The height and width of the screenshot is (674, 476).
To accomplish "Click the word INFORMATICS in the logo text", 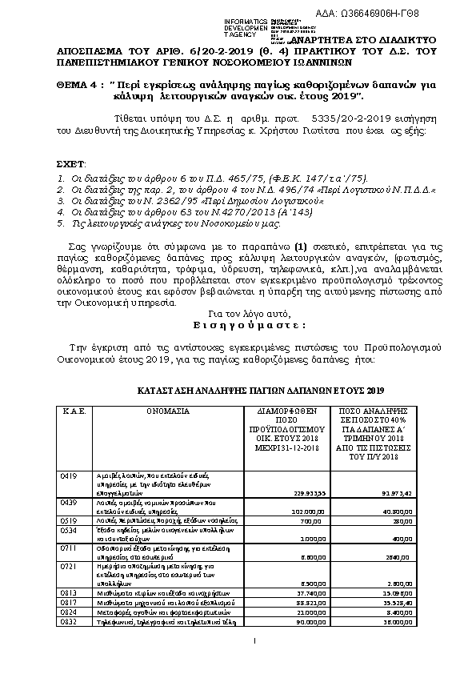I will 245,18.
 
